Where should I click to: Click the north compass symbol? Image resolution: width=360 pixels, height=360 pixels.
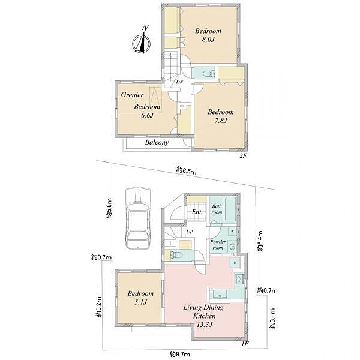[x=142, y=42]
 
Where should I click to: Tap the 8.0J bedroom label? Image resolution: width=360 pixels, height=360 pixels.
[x=208, y=35]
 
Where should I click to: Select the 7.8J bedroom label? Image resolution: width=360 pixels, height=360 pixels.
[x=221, y=116]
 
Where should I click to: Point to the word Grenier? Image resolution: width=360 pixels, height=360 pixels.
[x=132, y=95]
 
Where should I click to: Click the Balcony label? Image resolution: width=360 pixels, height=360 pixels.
[x=157, y=142]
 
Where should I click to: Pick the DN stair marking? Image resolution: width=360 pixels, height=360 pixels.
[x=179, y=82]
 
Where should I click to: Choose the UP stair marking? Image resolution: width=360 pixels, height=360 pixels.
[x=190, y=232]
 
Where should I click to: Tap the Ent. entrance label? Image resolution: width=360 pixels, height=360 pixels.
[x=197, y=212]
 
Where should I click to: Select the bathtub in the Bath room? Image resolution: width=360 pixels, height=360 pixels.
[x=231, y=209]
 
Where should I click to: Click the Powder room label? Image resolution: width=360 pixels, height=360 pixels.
[x=218, y=245]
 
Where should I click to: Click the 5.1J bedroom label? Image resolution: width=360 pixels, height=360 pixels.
[x=140, y=298]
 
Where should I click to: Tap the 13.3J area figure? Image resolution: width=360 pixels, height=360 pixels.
[x=203, y=325]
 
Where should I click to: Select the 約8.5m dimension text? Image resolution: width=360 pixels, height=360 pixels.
[x=186, y=171]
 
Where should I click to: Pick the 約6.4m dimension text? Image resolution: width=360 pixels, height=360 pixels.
[x=260, y=241]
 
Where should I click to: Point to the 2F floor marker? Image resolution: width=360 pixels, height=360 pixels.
[x=243, y=156]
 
